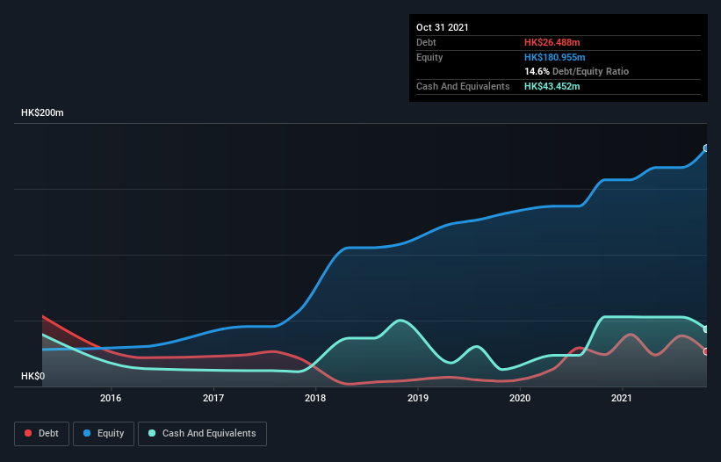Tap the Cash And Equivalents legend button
(x=202, y=433)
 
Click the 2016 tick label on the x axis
(x=111, y=398)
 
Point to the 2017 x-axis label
(x=213, y=398)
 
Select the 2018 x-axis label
(x=315, y=398)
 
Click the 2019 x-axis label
(x=418, y=398)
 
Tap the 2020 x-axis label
(x=520, y=398)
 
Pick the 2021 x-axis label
(x=623, y=398)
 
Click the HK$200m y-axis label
(x=43, y=113)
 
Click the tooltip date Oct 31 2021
(x=443, y=27)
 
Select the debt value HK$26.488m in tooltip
(x=552, y=42)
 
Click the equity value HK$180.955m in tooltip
(x=555, y=57)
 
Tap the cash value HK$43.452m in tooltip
(x=552, y=86)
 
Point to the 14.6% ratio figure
(x=537, y=71)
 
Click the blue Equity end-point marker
(x=706, y=148)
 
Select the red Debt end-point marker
(x=706, y=351)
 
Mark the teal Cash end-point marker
(x=706, y=329)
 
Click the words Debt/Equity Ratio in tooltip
(x=590, y=71)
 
